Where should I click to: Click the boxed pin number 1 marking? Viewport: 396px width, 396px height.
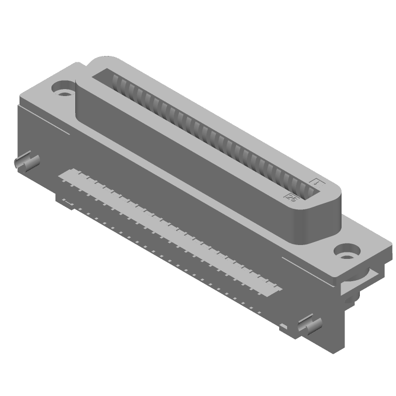pyautogui.click(x=316, y=182)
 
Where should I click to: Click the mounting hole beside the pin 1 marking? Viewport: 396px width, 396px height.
pyautogui.click(x=346, y=251)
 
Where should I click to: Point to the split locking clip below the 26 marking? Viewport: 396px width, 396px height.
pyautogui.click(x=309, y=327)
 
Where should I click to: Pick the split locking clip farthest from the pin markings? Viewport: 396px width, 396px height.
pyautogui.click(x=27, y=161)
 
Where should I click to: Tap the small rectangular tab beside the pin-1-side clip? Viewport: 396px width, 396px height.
pyautogui.click(x=283, y=326)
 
